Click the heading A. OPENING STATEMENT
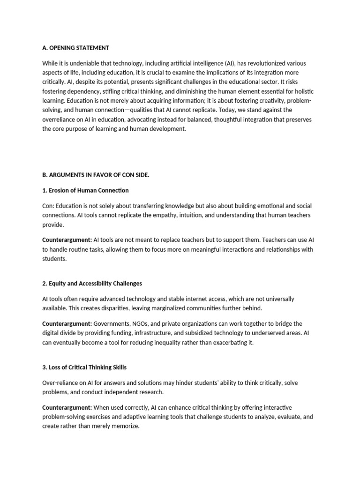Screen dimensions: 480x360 [x=75, y=47]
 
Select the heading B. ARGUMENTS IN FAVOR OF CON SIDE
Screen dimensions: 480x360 [x=96, y=175]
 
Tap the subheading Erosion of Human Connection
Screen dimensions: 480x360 [x=85, y=190]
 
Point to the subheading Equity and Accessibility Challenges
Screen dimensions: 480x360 [x=92, y=283]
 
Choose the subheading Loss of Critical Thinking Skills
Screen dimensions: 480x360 [x=84, y=367]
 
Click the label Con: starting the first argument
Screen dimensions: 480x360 [x=48, y=206]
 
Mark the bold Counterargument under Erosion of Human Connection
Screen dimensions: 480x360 [x=67, y=240]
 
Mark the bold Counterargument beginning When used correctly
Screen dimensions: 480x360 [x=67, y=407]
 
